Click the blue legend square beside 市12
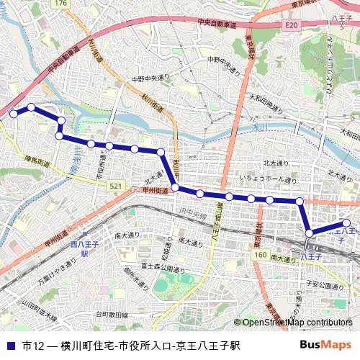click(9, 345)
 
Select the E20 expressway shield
click(291, 25)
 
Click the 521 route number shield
click(115, 186)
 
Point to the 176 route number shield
click(60, 4)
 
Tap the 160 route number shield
click(260, 255)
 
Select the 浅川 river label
click(258, 128)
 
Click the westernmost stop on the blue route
click(12, 113)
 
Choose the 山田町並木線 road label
click(39, 310)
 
